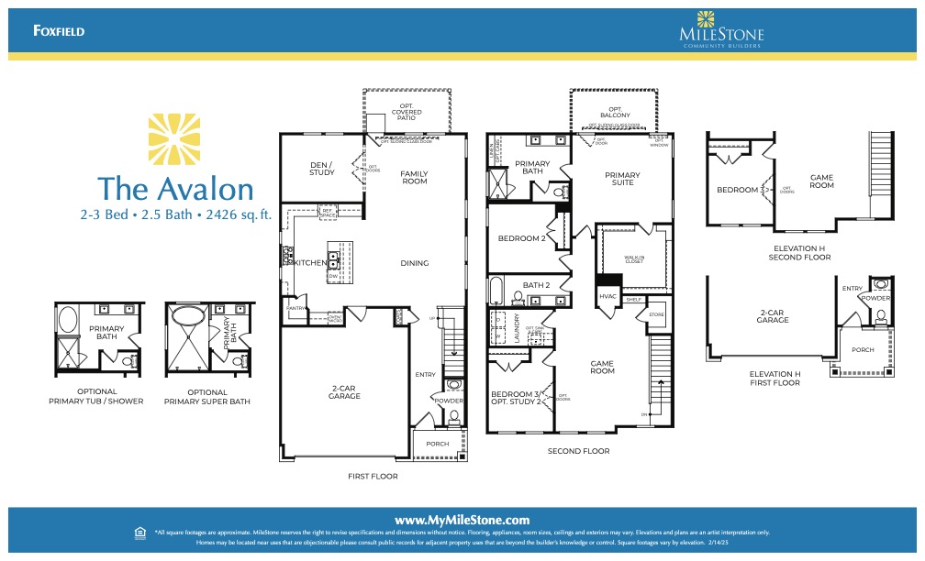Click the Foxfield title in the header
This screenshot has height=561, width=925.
pyautogui.click(x=59, y=31)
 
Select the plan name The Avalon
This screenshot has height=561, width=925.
pyautogui.click(x=175, y=188)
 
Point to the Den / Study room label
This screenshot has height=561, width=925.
pyautogui.click(x=322, y=169)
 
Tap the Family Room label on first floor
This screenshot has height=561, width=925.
pyautogui.click(x=415, y=177)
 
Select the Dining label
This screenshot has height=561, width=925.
pyautogui.click(x=415, y=264)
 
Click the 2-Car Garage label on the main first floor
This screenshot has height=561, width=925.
pyautogui.click(x=344, y=393)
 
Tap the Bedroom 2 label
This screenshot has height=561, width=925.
pyautogui.click(x=521, y=238)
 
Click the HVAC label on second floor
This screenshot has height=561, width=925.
pyautogui.click(x=607, y=296)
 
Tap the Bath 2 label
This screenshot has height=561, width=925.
pyautogui.click(x=536, y=285)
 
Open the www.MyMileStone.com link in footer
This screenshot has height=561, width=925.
pyautogui.click(x=462, y=520)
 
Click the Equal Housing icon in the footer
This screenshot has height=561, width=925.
pyautogui.click(x=139, y=532)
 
